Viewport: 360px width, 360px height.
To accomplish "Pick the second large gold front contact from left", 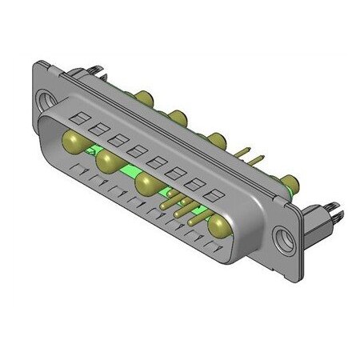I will pos(107,164).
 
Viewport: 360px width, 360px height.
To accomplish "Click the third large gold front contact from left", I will pos(146,185).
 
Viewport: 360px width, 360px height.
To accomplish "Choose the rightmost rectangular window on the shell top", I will pos(213,194).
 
